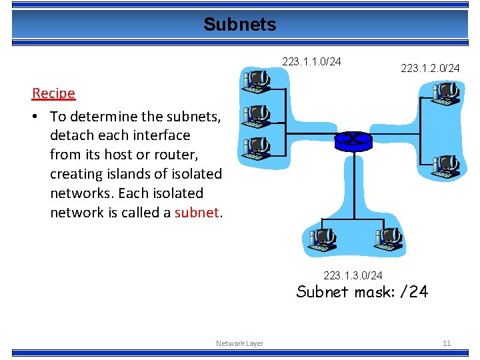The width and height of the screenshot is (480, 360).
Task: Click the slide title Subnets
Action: [239, 25]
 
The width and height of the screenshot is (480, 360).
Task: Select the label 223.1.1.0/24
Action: [311, 62]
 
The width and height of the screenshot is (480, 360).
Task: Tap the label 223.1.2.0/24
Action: [430, 68]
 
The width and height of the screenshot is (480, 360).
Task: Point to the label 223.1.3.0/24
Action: [353, 275]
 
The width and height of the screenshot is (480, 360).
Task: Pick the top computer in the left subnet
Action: [256, 81]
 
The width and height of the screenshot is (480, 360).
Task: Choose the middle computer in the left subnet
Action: [256, 115]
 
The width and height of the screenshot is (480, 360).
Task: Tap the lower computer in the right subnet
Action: [445, 167]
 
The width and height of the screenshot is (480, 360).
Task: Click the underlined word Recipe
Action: [53, 93]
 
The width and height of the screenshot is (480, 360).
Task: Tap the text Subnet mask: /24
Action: [362, 292]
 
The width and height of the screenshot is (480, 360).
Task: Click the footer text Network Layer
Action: [239, 343]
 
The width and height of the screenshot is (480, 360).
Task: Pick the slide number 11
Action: [446, 343]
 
